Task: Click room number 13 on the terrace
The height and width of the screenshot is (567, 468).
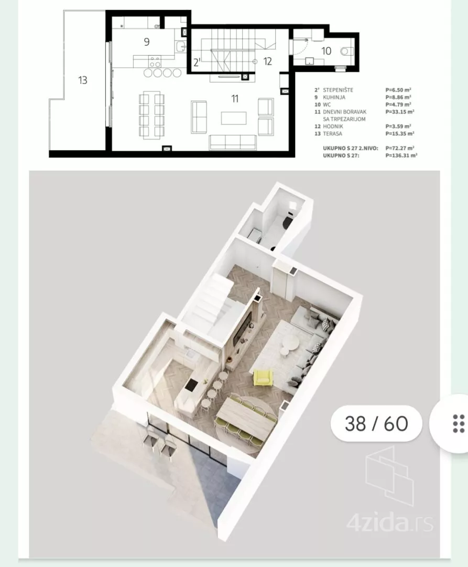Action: click(x=83, y=80)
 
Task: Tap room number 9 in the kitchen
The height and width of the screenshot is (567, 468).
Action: click(x=147, y=42)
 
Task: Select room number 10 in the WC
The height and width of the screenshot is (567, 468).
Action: click(x=326, y=51)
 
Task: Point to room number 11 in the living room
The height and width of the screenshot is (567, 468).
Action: click(x=235, y=98)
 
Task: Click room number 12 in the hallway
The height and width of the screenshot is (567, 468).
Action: click(x=267, y=61)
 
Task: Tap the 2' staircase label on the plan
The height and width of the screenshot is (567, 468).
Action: click(x=197, y=62)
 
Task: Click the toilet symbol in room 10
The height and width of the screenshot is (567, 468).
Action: click(x=345, y=51)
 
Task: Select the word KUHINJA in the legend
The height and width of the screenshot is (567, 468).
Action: click(x=334, y=97)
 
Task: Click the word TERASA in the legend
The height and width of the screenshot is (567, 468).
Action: click(x=332, y=133)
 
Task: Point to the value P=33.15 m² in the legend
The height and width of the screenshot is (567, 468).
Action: click(x=400, y=112)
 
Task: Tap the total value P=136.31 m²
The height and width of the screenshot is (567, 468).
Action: click(x=401, y=155)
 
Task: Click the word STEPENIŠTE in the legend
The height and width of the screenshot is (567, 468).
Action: click(x=338, y=90)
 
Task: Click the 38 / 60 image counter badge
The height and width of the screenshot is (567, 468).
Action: click(x=376, y=424)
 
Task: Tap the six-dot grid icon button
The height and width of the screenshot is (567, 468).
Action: click(x=458, y=424)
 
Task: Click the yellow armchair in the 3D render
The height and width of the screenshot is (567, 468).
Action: click(x=264, y=377)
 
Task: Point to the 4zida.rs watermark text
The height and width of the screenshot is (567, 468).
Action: click(x=390, y=523)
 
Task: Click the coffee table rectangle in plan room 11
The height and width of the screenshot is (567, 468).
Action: click(x=234, y=118)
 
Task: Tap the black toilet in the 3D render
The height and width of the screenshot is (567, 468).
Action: click(x=287, y=222)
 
